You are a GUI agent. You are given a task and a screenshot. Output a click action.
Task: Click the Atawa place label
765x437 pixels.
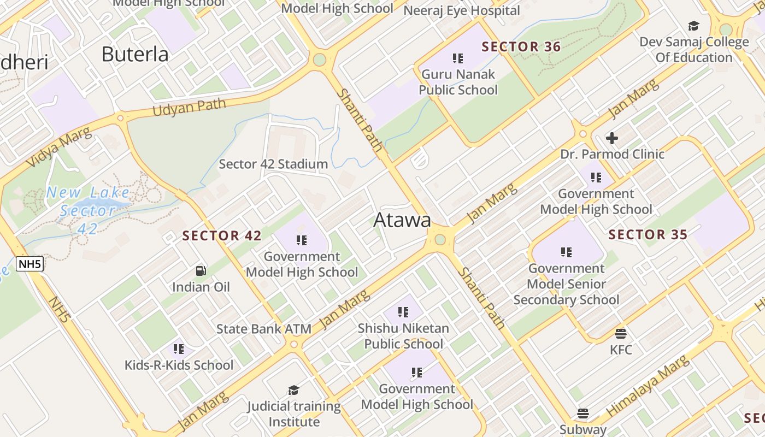click(x=402, y=220)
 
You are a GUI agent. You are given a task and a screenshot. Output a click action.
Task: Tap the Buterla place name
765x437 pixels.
click(x=135, y=54)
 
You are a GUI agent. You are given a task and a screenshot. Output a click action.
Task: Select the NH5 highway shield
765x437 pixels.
click(x=30, y=265)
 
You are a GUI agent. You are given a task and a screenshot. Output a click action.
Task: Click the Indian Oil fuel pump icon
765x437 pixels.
click(x=201, y=271)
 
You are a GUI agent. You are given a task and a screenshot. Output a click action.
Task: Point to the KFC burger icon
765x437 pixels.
click(x=620, y=333)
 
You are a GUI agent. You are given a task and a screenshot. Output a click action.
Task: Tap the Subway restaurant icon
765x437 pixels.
click(x=583, y=414)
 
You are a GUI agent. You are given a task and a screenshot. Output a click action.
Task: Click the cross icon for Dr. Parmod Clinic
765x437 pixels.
click(x=612, y=138)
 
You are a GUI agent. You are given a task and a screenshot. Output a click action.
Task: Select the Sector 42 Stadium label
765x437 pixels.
click(x=273, y=164)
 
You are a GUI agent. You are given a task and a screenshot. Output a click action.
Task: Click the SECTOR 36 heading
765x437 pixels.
click(x=521, y=47)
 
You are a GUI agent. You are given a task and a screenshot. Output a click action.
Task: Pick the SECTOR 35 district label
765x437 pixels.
click(x=648, y=235)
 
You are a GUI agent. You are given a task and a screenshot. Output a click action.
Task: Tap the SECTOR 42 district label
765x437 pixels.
click(x=222, y=236)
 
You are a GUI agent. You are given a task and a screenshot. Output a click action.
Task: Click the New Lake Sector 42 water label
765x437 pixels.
click(x=88, y=210)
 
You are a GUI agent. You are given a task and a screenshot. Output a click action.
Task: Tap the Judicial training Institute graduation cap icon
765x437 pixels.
click(x=293, y=390)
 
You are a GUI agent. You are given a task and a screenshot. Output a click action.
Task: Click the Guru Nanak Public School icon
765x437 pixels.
click(x=458, y=58)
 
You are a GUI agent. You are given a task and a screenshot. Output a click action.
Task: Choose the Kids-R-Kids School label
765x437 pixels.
click(x=179, y=365)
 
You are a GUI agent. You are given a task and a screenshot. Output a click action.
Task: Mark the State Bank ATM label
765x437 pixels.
click(x=264, y=329)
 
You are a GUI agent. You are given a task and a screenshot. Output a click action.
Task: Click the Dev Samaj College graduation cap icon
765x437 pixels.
click(x=693, y=26)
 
